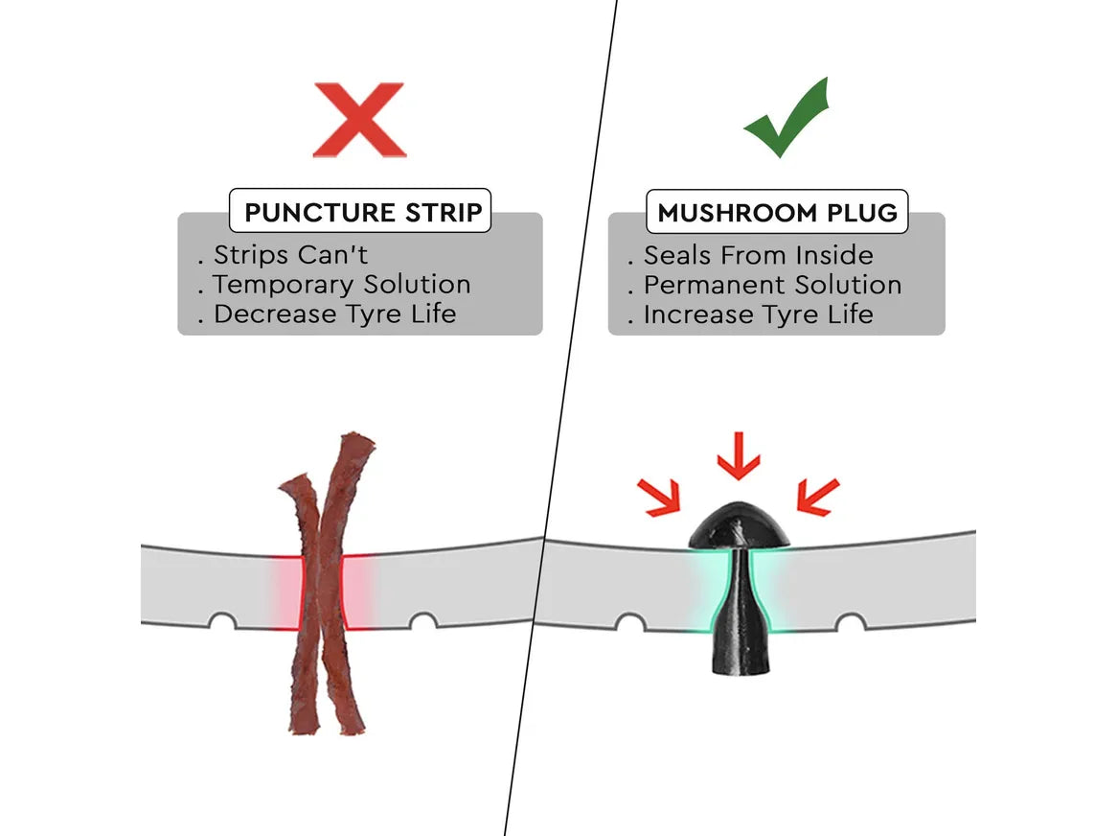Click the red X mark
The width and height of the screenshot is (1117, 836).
[x=360, y=120]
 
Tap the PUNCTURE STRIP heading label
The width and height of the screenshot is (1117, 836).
[x=360, y=211]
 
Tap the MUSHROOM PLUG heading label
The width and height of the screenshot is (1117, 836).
[x=777, y=212]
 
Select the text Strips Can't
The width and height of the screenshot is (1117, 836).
[x=290, y=254]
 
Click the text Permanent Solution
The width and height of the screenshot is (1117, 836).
[x=772, y=285]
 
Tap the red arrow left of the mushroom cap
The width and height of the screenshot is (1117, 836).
[x=659, y=497]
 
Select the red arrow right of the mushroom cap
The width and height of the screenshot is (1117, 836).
[x=818, y=497]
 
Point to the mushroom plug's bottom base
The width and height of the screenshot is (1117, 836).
[x=741, y=660]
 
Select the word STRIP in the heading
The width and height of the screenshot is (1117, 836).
[x=444, y=212]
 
